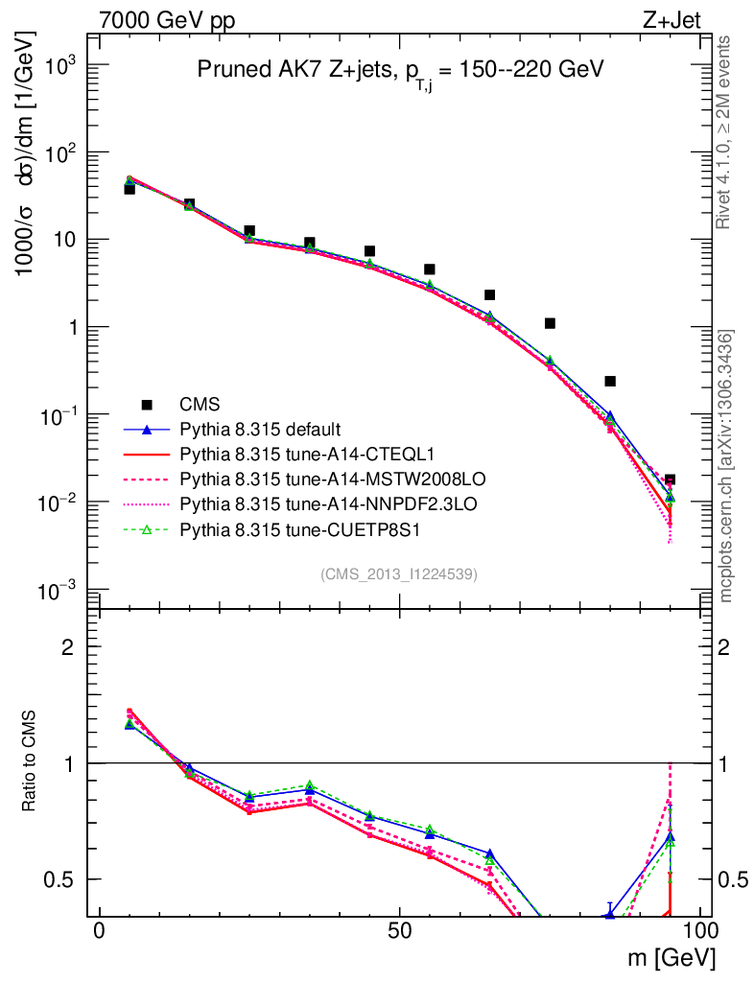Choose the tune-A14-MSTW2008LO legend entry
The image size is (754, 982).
coord(296,478)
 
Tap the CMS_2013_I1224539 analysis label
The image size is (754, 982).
coord(399,574)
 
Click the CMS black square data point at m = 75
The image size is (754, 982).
coord(550,323)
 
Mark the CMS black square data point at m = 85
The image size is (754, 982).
coord(609,382)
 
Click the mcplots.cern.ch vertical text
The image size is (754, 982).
coord(726,465)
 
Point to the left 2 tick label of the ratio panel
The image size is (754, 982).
coord(67,647)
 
